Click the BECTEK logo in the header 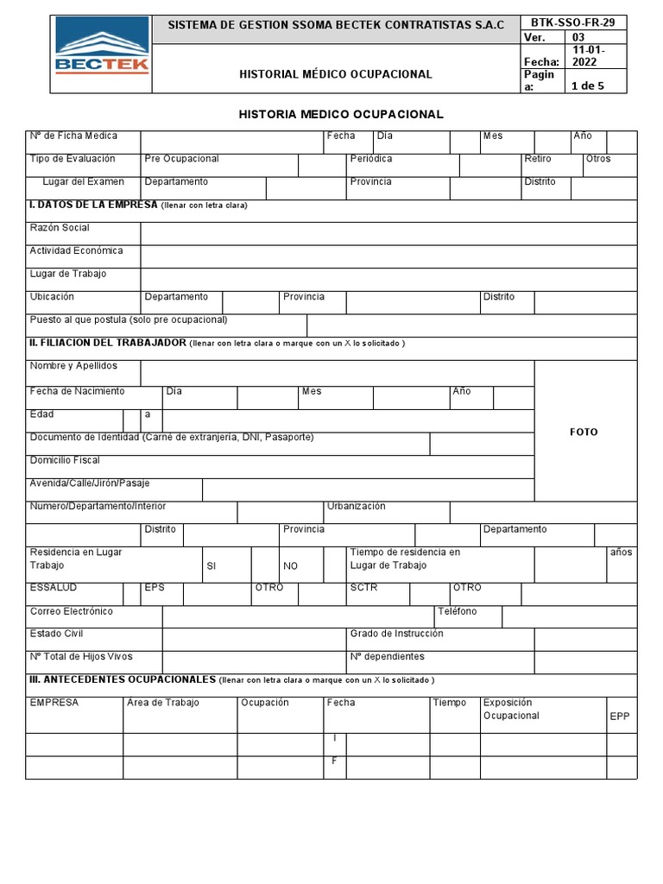tap(102, 53)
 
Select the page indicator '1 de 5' tap(588, 85)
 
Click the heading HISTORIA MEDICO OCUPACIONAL tap(341, 114)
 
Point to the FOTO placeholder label tap(584, 432)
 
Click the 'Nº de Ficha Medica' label tap(73, 136)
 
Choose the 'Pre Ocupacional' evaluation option tap(182, 159)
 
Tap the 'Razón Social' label tap(60, 228)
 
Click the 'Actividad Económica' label tap(76, 251)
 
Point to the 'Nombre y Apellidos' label tap(73, 366)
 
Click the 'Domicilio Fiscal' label tap(65, 460)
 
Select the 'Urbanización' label tap(357, 506)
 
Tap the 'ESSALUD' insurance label tap(54, 588)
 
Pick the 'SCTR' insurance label tap(363, 588)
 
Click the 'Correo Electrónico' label tap(71, 611)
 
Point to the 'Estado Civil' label tap(56, 634)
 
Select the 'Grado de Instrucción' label tap(397, 634)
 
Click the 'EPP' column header tap(620, 717)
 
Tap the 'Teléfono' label tap(458, 611)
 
